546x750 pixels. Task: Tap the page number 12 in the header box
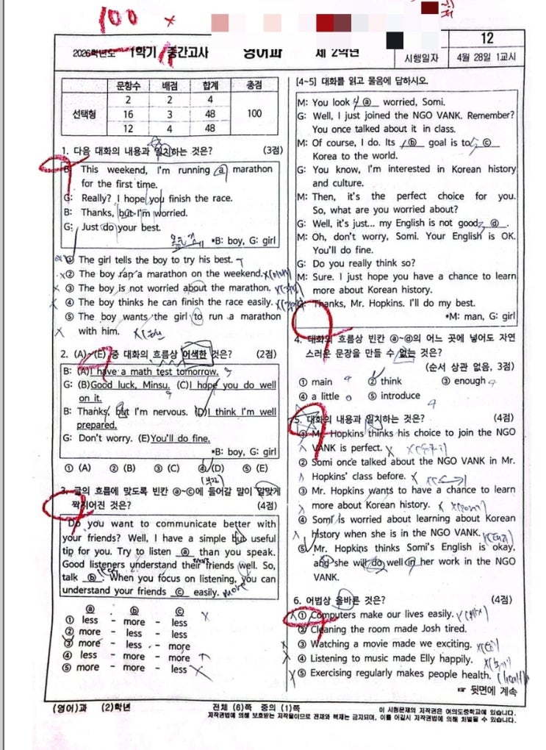[x=486, y=38]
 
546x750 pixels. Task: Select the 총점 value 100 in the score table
[x=254, y=113]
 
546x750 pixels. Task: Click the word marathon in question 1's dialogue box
[x=252, y=169]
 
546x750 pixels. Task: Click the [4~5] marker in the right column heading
[x=306, y=81]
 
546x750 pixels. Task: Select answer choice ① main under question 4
[x=316, y=382]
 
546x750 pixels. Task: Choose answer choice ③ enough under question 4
[x=464, y=381]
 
